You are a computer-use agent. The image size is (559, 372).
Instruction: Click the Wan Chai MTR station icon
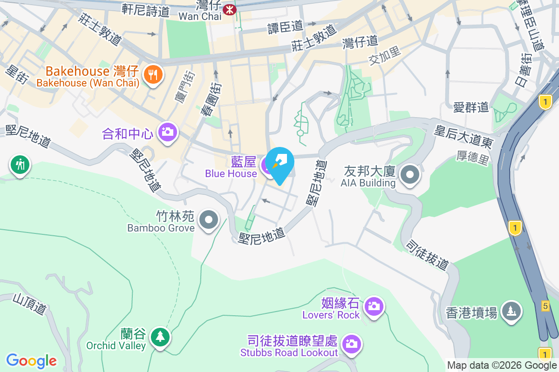click(x=229, y=9)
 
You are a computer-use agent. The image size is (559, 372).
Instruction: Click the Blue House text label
click(x=231, y=173)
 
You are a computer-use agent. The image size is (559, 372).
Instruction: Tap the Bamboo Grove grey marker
click(x=209, y=220)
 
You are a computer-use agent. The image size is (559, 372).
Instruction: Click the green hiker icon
click(x=20, y=165)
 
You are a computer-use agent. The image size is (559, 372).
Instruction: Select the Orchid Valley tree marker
click(x=160, y=336)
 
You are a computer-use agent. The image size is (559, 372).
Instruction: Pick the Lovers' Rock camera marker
click(x=374, y=306)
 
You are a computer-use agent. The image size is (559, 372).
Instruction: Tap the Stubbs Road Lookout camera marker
click(x=351, y=344)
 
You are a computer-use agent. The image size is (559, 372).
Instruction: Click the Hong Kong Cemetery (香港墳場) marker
click(x=511, y=310)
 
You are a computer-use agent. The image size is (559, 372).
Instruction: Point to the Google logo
click(x=31, y=361)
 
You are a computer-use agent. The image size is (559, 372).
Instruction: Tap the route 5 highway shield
click(x=545, y=306)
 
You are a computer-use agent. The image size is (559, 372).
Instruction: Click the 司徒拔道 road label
click(x=427, y=254)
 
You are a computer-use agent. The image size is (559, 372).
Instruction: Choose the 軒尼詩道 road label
click(x=145, y=10)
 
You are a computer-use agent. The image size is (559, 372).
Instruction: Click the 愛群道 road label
click(x=471, y=107)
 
